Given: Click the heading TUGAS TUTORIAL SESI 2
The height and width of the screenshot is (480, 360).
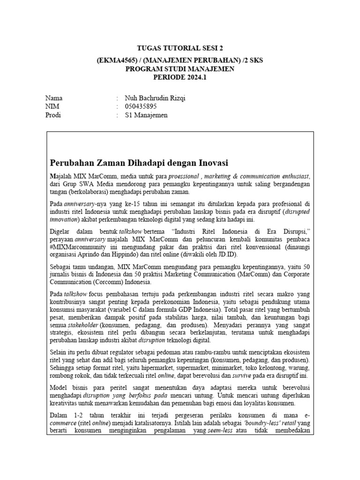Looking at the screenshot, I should click(x=180, y=48).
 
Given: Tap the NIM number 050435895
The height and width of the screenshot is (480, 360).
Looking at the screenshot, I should click(x=141, y=107).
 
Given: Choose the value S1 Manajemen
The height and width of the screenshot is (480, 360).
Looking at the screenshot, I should click(x=146, y=115).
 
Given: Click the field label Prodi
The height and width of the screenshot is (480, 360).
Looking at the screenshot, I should click(x=53, y=115).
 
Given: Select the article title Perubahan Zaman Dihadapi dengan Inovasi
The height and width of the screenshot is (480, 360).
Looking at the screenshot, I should click(x=139, y=163).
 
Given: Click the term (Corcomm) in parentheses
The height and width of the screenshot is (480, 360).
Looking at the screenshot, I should click(x=113, y=282).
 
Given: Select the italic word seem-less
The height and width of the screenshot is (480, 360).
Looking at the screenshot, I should click(x=219, y=432).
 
